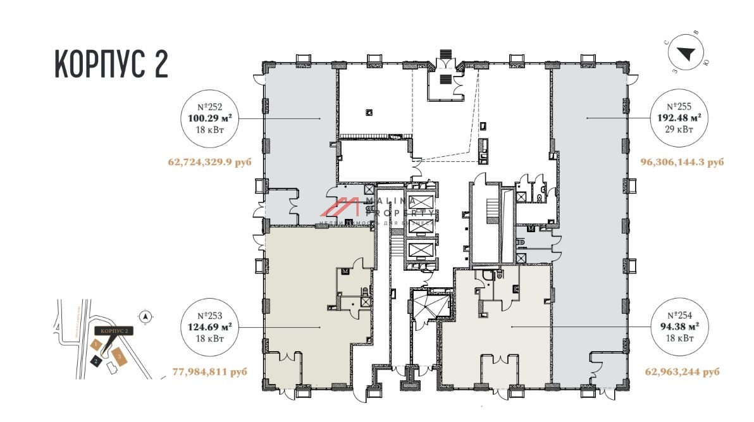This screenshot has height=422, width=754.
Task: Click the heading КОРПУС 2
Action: [x=111, y=64]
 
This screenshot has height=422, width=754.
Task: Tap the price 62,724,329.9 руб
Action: [x=209, y=163]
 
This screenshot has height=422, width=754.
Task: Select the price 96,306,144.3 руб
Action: [x=682, y=163]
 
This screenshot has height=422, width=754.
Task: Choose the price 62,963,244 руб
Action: [x=682, y=372]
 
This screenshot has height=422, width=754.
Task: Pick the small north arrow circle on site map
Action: [x=145, y=316]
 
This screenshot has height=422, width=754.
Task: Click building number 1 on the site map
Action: [x=96, y=345]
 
